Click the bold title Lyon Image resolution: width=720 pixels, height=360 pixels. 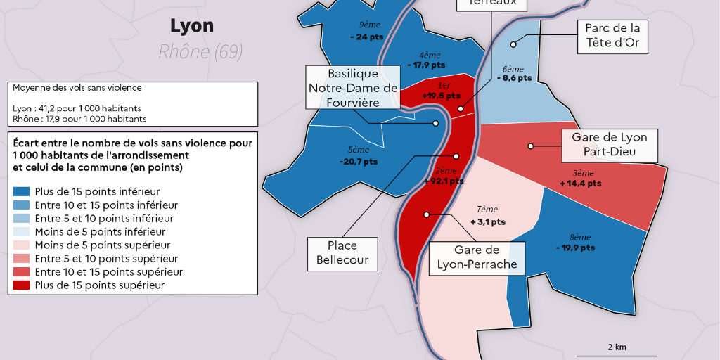click(x=191, y=26)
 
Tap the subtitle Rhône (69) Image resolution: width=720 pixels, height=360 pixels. click(x=200, y=51)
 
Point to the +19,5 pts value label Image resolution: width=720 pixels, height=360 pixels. click(x=441, y=96)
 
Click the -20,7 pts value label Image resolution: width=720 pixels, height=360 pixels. click(x=358, y=161)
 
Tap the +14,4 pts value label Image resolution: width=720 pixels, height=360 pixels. click(x=580, y=183)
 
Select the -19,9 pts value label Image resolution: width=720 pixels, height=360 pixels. click(x=574, y=247)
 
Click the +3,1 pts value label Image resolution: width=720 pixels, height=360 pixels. click(x=487, y=221)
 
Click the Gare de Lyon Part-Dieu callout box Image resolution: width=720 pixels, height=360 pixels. click(x=609, y=146)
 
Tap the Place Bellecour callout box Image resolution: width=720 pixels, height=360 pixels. click(x=342, y=254)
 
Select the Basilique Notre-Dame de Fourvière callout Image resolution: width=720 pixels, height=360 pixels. click(x=352, y=88)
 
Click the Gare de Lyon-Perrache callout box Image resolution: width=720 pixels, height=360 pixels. click(x=477, y=257)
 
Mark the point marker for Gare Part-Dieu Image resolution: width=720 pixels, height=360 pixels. click(x=531, y=146)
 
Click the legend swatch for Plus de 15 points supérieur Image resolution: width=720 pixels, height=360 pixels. click(x=21, y=285)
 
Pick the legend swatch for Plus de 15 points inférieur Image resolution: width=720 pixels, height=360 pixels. click(x=21, y=191)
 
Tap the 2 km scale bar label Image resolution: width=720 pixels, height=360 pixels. click(x=617, y=347)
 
